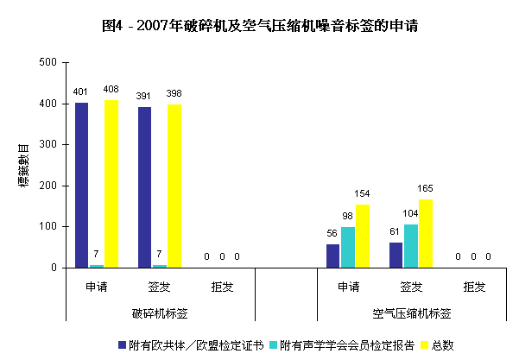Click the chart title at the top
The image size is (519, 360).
260,27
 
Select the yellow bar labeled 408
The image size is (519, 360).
111,184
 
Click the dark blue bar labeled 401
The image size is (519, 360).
81,186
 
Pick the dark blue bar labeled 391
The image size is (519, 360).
144,187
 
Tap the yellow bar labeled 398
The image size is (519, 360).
174,186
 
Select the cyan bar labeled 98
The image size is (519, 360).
348,248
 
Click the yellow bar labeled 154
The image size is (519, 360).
363,236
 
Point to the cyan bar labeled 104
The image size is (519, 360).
410,246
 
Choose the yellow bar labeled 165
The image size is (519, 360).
426,234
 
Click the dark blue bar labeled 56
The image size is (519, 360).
332,256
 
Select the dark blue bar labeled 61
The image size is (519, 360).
396,256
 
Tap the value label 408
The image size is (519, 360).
111,88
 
